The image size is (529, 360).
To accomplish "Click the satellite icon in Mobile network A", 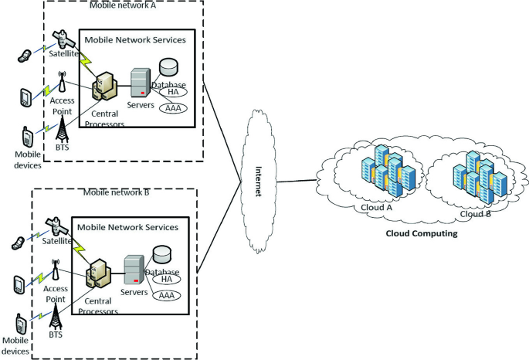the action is [63, 39].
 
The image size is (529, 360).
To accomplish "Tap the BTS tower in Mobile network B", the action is [56, 317].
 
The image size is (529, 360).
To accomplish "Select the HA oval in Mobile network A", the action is [173, 92].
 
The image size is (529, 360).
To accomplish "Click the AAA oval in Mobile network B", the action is [167, 296].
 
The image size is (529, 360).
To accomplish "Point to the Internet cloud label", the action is [259, 182].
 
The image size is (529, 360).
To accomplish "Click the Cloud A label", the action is [377, 208].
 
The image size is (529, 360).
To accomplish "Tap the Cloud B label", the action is [476, 214].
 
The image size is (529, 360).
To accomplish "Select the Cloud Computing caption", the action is [422, 233].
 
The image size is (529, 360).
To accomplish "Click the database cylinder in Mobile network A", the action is [168, 67].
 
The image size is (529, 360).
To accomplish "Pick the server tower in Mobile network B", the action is [134, 270].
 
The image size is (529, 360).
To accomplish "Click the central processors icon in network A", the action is [104, 86].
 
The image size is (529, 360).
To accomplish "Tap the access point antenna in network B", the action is [56, 270].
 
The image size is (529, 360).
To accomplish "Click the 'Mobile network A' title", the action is [123, 5].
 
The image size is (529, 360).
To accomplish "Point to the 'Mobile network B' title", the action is [117, 192].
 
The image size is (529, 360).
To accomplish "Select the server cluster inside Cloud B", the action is [480, 177].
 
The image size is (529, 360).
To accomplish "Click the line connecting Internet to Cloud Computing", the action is [297, 181].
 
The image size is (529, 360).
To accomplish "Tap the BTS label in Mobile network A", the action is [62, 148].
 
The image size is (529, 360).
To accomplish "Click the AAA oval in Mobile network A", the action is [173, 108].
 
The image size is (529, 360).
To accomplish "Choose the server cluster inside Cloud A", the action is [388, 171].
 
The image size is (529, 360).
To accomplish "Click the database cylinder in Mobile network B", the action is [162, 254].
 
